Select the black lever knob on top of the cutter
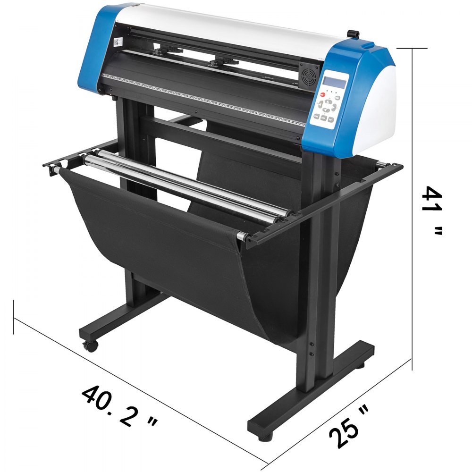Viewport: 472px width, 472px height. tap(352, 34)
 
